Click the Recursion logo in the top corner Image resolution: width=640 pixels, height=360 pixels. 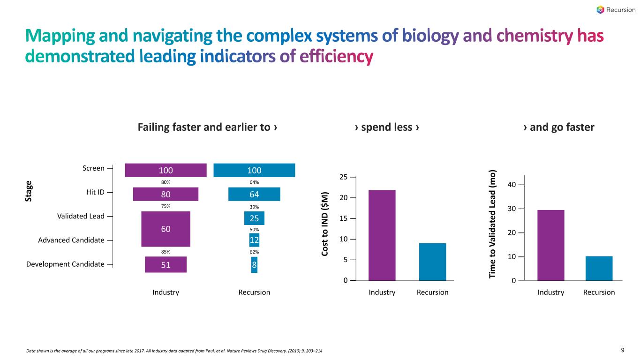tap(616, 10)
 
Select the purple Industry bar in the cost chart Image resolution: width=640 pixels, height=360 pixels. tap(382, 235)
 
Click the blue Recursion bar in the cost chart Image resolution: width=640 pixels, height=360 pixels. tap(433, 262)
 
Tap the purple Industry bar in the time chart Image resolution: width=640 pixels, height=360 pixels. tap(550, 245)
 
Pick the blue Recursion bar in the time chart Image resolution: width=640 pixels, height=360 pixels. tap(599, 268)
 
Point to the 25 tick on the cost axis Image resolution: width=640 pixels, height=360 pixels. tap(344, 177)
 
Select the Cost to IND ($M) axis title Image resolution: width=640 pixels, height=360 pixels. tap(325, 224)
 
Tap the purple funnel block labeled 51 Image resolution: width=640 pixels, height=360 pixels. tap(166, 264)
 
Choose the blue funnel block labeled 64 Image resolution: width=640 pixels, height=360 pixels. tap(254, 194)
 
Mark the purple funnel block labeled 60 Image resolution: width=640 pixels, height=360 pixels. tap(166, 229)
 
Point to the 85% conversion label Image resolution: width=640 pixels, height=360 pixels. tap(166, 252)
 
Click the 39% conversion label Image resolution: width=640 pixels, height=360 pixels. tap(254, 207)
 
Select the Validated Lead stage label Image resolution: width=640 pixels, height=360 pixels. tap(81, 216)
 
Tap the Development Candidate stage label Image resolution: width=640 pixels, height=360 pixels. tap(65, 264)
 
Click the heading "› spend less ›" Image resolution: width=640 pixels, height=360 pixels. tap(387, 127)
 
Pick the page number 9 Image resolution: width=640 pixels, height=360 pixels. tap(623, 350)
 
